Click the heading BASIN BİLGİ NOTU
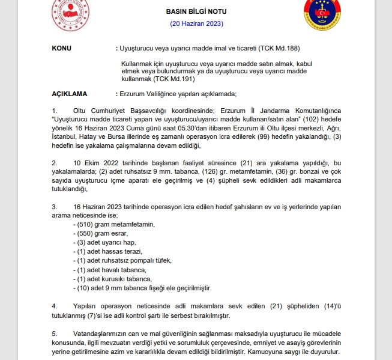pyautogui.click(x=196, y=12)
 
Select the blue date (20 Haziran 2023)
pyautogui.click(x=196, y=23)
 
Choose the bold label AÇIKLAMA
pyautogui.click(x=70, y=94)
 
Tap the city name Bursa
pyautogui.click(x=113, y=136)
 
